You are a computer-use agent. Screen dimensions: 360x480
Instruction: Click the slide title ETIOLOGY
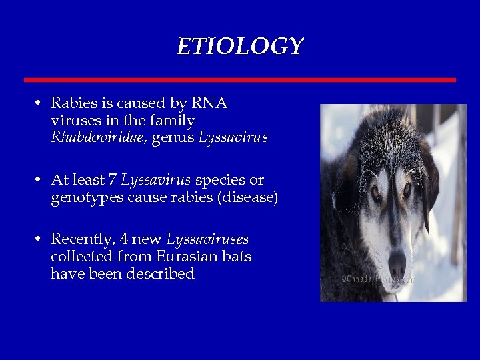pyautogui.click(x=240, y=47)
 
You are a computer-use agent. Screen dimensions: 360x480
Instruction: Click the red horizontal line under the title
pyautogui.click(x=240, y=79)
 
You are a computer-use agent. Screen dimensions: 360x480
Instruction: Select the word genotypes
pyautogui.click(x=85, y=199)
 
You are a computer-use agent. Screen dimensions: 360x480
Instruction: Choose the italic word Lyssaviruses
pyautogui.click(x=207, y=239)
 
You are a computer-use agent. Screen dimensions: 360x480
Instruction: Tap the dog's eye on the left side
pyautogui.click(x=375, y=191)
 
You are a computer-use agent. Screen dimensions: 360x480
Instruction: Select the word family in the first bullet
pyautogui.click(x=173, y=121)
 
